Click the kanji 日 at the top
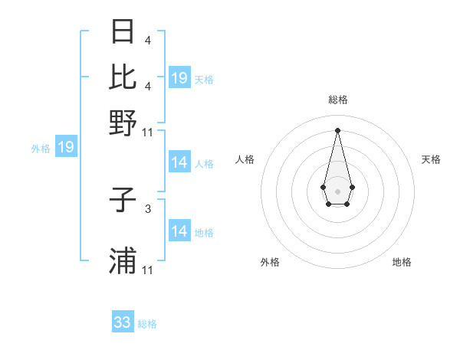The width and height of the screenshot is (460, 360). click(123, 32)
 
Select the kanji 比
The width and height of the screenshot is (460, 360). click(123, 77)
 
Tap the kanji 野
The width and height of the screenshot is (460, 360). click(123, 123)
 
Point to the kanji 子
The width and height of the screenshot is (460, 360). click(123, 201)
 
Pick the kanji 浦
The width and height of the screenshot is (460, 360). click(123, 261)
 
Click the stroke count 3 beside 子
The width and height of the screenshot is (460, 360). click(148, 208)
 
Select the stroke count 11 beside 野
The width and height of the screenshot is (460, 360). click(148, 132)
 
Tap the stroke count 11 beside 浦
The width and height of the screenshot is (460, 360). click(148, 270)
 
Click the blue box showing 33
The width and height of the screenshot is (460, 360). click(123, 322)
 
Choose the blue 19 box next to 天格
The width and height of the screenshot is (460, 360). click(179, 78)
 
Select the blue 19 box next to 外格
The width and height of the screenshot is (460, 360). click(66, 147)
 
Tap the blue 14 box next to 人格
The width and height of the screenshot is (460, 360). click(179, 162)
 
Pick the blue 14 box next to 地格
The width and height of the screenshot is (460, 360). click(179, 231)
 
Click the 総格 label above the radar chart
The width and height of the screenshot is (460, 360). click(337, 100)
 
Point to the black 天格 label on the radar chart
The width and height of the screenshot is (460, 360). click(431, 159)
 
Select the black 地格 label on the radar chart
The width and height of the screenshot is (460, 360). click(402, 262)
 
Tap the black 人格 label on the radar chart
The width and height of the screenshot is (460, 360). click(245, 159)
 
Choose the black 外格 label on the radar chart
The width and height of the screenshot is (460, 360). click(270, 262)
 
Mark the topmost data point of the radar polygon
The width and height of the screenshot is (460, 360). click(337, 130)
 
